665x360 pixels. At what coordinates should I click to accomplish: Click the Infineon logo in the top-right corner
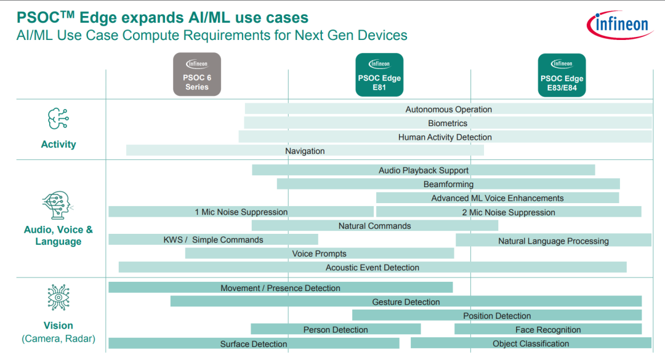click(x=619, y=25)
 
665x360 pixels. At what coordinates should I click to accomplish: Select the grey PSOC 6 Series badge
click(x=197, y=74)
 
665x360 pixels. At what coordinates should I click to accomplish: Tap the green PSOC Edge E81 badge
click(x=379, y=74)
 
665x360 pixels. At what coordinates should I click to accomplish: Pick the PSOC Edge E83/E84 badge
click(x=562, y=75)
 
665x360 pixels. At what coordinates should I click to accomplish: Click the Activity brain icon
click(x=58, y=118)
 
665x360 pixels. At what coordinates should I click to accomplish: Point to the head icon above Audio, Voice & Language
click(x=58, y=205)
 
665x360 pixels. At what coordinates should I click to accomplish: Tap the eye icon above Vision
click(x=58, y=297)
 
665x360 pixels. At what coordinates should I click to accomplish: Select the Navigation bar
click(x=305, y=151)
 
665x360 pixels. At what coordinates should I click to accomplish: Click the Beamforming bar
click(x=448, y=184)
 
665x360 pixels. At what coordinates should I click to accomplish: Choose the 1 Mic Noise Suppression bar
click(x=241, y=212)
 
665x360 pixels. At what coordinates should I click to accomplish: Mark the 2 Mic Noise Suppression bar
click(x=509, y=212)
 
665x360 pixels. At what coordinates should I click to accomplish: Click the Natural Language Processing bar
click(x=554, y=240)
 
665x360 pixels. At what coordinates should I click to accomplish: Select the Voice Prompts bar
click(x=320, y=253)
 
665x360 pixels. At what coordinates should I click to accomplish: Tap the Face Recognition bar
click(x=548, y=329)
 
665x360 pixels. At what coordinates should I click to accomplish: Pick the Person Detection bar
click(x=336, y=329)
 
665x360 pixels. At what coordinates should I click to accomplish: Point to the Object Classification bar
click(x=531, y=343)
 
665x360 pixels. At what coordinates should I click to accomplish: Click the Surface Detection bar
click(x=254, y=343)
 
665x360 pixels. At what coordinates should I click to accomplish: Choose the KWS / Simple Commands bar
click(x=213, y=239)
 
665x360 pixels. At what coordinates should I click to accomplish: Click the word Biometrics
click(x=448, y=124)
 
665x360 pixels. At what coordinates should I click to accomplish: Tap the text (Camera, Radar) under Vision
click(x=58, y=339)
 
